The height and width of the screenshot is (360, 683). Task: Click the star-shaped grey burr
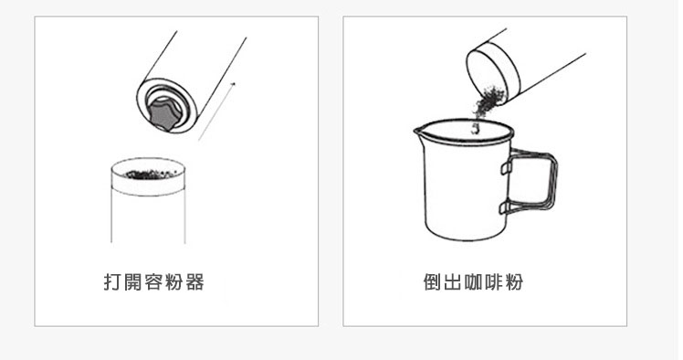point(163,114)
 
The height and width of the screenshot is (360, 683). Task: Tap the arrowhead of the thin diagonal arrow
point(234,83)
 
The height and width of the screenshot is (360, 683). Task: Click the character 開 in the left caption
point(132,282)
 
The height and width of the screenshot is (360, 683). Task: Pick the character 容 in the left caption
point(152,282)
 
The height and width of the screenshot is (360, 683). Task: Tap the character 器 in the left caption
point(194,282)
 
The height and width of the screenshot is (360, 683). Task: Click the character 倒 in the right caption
point(432,282)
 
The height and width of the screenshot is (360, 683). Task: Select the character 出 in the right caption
point(452,282)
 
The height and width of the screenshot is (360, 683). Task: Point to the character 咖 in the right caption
point(473,282)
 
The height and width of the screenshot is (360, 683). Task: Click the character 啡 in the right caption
point(494,282)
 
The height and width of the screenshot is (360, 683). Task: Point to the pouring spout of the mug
point(418,131)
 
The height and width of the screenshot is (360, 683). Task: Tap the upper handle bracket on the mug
point(505,166)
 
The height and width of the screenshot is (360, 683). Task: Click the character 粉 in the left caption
point(173,282)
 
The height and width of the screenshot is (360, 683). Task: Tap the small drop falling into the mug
point(477,128)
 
